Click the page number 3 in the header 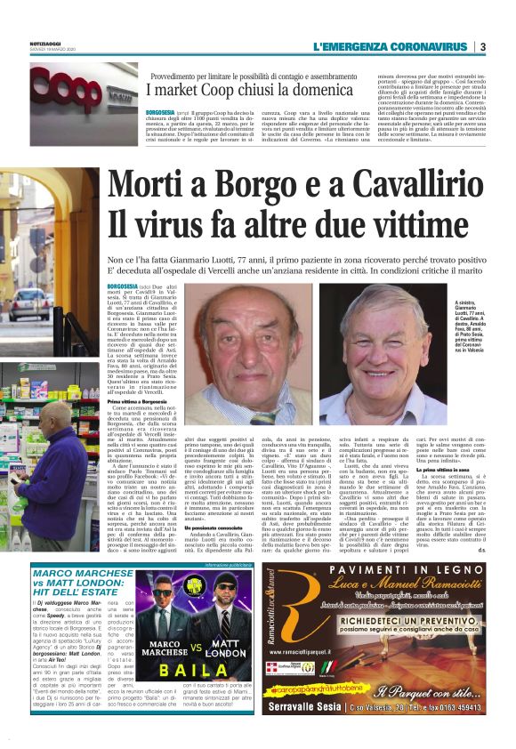(x=483, y=46)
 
